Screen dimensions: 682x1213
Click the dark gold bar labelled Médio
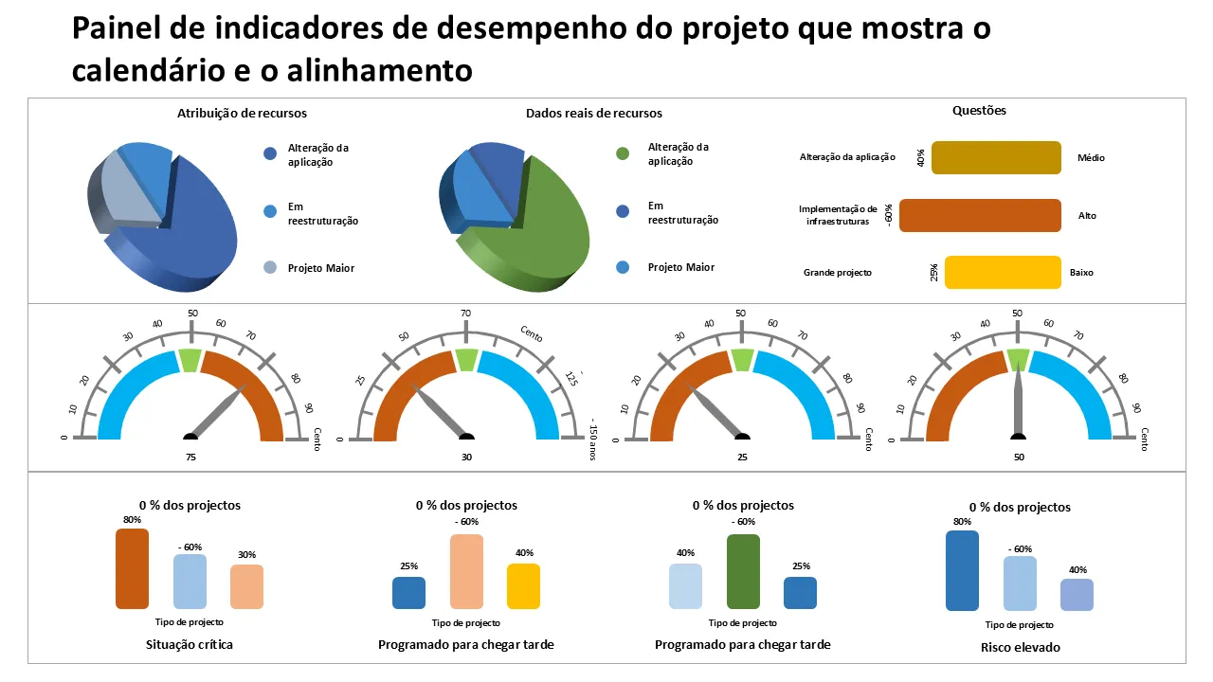click(x=996, y=157)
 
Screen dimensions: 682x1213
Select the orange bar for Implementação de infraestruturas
click(x=980, y=215)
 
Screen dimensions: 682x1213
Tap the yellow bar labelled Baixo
click(x=1003, y=272)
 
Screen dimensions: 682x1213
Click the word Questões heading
click(x=979, y=111)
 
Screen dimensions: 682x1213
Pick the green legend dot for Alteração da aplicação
click(x=623, y=153)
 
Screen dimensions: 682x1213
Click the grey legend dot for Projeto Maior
click(x=270, y=268)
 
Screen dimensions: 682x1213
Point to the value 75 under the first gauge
click(x=190, y=456)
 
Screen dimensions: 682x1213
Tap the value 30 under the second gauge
click(x=466, y=456)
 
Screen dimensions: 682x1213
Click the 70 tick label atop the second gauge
click(x=465, y=314)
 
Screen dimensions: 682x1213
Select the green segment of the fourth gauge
click(x=1018, y=359)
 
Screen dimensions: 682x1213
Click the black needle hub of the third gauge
click(x=742, y=437)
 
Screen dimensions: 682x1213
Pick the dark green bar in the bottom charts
click(x=743, y=571)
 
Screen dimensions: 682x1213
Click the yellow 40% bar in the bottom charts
click(x=523, y=586)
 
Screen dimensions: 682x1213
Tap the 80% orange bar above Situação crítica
click(x=132, y=568)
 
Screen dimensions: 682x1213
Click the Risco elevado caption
click(x=1020, y=648)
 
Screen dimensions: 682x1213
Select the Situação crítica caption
click(x=190, y=645)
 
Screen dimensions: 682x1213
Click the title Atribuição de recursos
click(x=242, y=113)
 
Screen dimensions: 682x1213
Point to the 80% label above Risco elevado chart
click(x=962, y=522)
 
